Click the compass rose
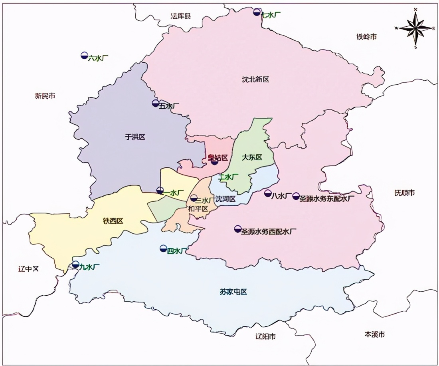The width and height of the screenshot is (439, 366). (x=415, y=28)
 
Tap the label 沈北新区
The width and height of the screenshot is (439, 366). (x=255, y=80)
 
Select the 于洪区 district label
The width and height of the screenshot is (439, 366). (x=135, y=137)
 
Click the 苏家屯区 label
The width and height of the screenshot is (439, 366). (x=233, y=292)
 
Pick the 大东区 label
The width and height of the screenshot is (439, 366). (x=252, y=157)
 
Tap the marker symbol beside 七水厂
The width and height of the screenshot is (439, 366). (x=257, y=12)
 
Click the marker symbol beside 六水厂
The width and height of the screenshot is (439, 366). (x=84, y=56)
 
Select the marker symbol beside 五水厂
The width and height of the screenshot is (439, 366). (x=156, y=103)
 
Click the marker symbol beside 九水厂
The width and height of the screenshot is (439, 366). (x=75, y=265)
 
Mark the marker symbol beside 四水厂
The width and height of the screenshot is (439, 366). (x=163, y=249)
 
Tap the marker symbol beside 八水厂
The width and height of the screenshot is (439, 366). (x=268, y=193)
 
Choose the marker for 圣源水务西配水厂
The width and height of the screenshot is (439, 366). (x=237, y=229)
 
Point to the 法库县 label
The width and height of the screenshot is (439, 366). (x=181, y=16)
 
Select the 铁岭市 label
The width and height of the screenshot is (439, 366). (x=366, y=37)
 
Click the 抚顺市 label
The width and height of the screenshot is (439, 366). (x=404, y=193)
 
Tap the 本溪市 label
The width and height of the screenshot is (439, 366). (x=375, y=334)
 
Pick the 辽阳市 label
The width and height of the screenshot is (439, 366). (x=265, y=336)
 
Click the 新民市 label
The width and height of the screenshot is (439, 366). (x=45, y=96)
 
